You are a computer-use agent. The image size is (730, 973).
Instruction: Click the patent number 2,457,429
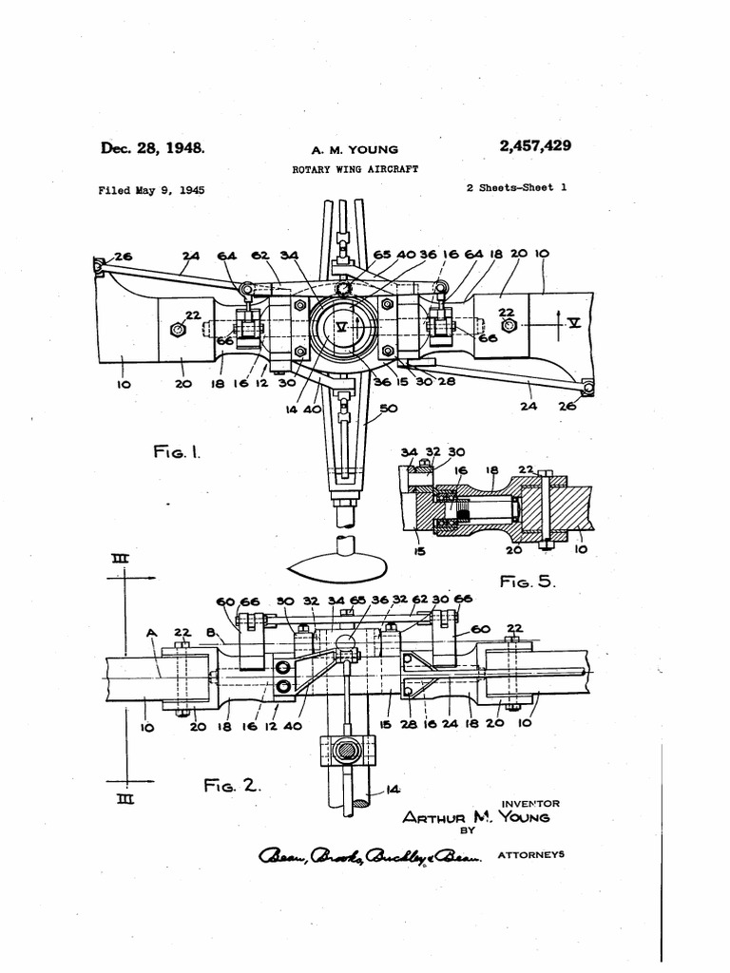click(534, 145)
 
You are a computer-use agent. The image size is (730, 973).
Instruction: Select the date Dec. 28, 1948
click(152, 147)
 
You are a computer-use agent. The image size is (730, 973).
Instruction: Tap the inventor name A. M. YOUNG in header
click(355, 150)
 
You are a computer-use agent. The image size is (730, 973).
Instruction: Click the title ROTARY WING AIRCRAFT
click(354, 169)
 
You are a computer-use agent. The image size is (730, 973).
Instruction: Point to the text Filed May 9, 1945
click(151, 190)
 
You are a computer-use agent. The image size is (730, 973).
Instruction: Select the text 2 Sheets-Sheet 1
click(516, 187)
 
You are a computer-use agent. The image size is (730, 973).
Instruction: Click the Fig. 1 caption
click(177, 454)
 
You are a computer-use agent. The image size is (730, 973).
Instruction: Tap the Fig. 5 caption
click(527, 581)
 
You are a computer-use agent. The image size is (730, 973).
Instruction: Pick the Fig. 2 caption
click(231, 785)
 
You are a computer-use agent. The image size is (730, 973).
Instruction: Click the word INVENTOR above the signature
click(529, 803)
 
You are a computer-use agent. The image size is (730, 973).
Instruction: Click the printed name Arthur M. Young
click(475, 817)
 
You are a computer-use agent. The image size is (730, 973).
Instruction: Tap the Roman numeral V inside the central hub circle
click(341, 326)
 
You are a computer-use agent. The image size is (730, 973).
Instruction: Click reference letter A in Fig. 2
click(151, 631)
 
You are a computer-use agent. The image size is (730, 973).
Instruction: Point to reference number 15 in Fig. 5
click(419, 550)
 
